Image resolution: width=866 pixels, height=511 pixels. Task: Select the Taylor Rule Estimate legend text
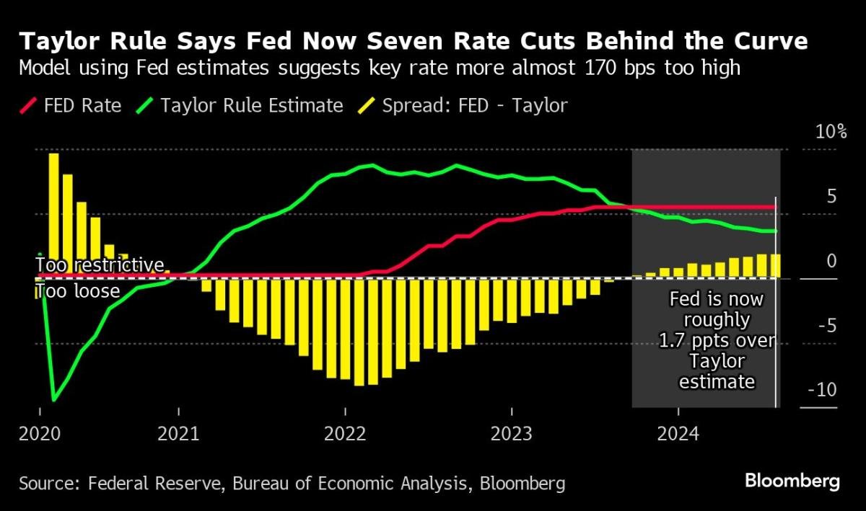click(252, 106)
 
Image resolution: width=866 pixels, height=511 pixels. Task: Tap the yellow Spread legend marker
click(366, 106)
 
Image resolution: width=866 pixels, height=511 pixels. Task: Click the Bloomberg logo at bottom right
click(792, 481)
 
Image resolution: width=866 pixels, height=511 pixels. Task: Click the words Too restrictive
click(100, 265)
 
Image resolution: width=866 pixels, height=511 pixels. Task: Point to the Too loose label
click(77, 291)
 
